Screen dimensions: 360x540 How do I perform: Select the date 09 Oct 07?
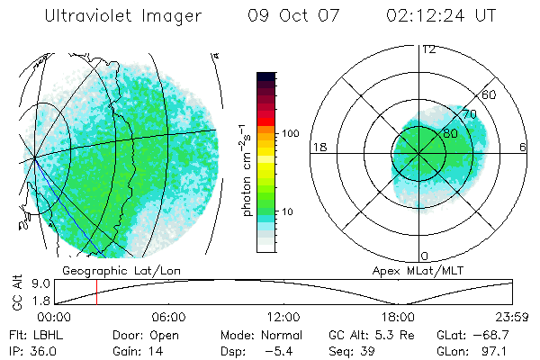coord(292,16)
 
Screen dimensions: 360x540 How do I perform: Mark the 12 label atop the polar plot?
coord(428,49)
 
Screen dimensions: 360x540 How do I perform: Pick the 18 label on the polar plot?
coord(318,148)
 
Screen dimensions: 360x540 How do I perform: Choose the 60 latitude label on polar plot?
coord(490,94)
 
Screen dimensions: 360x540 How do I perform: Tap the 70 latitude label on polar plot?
coord(468,114)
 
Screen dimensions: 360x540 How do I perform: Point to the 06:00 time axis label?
coord(168,317)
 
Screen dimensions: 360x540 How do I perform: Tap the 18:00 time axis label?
coord(398,317)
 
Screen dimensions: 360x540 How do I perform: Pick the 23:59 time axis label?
coord(512,317)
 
